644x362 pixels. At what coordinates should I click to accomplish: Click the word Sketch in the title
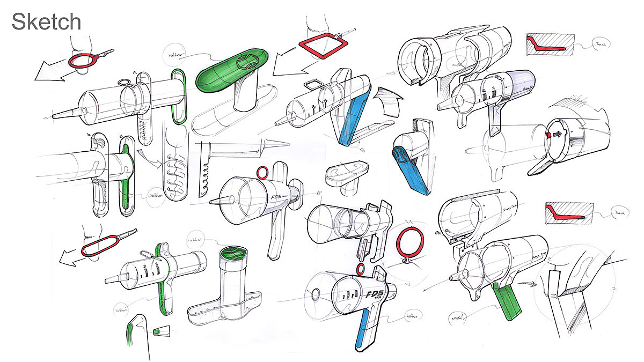point(46,22)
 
